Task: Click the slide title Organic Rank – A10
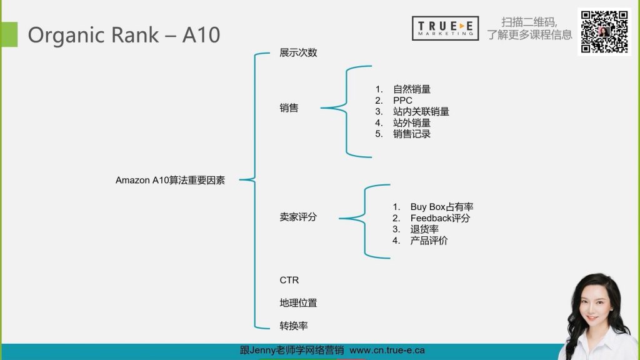tap(124, 34)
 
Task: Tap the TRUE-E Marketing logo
tap(445, 28)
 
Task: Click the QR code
tap(604, 31)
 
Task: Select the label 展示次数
tap(298, 52)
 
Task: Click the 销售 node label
tap(289, 108)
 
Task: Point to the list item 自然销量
tap(412, 89)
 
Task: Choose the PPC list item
tap(402, 101)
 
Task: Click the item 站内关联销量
tap(421, 112)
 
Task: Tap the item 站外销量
tap(412, 123)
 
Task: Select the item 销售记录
tap(412, 134)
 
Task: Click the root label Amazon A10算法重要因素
tap(170, 180)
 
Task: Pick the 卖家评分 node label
tap(298, 217)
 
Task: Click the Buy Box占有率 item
tap(446, 207)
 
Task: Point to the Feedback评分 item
tap(440, 218)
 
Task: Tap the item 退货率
tap(424, 229)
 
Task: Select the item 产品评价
tap(429, 241)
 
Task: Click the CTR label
tap(289, 280)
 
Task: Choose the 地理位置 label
tap(298, 303)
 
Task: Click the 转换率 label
tap(294, 326)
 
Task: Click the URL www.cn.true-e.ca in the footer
tap(387, 351)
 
